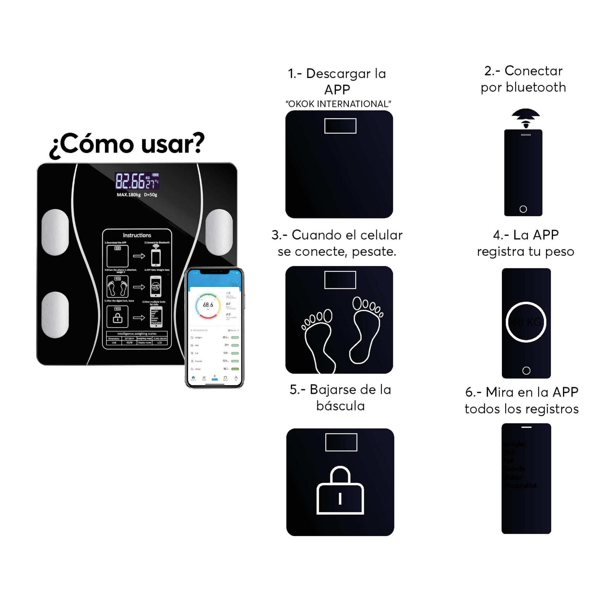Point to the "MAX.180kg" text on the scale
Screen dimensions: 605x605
coord(129,195)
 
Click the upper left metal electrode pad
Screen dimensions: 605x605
coord(55,232)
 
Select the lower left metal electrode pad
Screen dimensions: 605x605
coord(55,315)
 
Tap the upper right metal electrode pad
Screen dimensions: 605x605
coord(219,232)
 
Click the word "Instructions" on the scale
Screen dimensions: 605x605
coord(137,235)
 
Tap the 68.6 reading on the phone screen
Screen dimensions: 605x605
coord(208,305)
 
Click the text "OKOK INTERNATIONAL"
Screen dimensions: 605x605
coord(338,104)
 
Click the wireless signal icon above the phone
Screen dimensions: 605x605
coord(526,118)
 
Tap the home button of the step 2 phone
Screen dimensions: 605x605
coord(523,209)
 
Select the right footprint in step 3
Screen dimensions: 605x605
coord(366,329)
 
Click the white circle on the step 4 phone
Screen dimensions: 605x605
coord(526,322)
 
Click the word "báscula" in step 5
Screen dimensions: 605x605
coord(340,406)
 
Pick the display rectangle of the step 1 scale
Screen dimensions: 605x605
coord(340,126)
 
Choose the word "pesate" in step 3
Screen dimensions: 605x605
coord(374,252)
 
